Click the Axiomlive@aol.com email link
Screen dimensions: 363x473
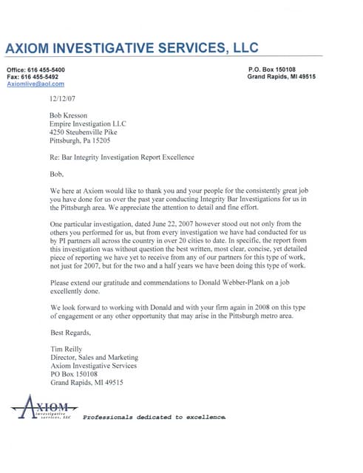[34, 84]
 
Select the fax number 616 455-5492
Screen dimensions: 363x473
[44, 76]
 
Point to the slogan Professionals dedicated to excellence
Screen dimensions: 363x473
[154, 418]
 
